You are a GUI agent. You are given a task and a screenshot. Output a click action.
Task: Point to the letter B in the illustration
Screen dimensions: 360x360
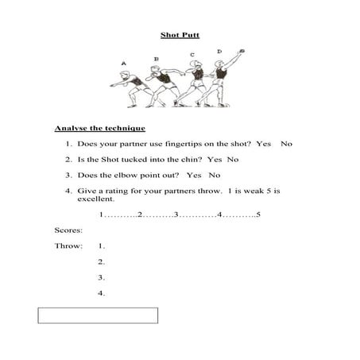click(156, 59)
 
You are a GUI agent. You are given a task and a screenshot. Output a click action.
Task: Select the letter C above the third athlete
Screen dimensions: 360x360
click(192, 55)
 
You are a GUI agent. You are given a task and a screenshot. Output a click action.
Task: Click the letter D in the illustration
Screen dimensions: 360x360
click(219, 52)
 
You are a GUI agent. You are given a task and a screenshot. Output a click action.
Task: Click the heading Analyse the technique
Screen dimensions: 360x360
click(99, 127)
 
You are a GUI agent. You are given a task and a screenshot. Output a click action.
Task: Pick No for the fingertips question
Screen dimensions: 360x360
click(287, 144)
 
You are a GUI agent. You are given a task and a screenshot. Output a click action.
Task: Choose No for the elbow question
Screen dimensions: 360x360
click(214, 175)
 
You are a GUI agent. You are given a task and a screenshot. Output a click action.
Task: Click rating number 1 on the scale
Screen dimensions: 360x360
click(102, 215)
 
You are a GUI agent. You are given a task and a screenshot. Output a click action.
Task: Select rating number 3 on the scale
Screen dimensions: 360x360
click(176, 215)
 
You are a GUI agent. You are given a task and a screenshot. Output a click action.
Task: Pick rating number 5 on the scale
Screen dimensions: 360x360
click(258, 215)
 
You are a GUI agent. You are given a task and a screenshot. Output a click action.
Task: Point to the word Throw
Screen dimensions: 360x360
click(68, 246)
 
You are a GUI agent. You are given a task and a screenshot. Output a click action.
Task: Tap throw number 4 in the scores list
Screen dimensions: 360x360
click(102, 293)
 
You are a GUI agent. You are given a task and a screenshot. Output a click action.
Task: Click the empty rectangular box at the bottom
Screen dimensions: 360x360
click(98, 315)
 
